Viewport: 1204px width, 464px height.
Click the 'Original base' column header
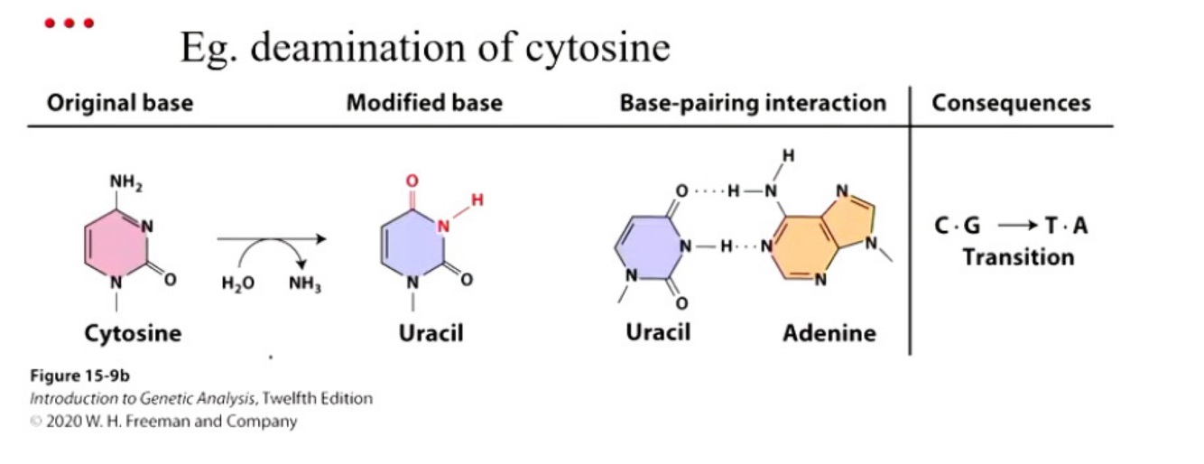119,103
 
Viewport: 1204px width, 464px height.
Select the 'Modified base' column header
424,103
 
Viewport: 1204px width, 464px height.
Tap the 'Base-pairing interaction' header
753,103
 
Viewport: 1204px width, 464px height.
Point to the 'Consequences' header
1011,103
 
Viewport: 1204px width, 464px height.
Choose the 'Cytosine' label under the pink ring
133,334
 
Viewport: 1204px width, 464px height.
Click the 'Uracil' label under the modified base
431,334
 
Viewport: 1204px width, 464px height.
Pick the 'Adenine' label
829,334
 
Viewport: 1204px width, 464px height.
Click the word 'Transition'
1018,257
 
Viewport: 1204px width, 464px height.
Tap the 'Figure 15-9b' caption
79,376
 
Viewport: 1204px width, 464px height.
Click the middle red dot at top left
70,23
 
